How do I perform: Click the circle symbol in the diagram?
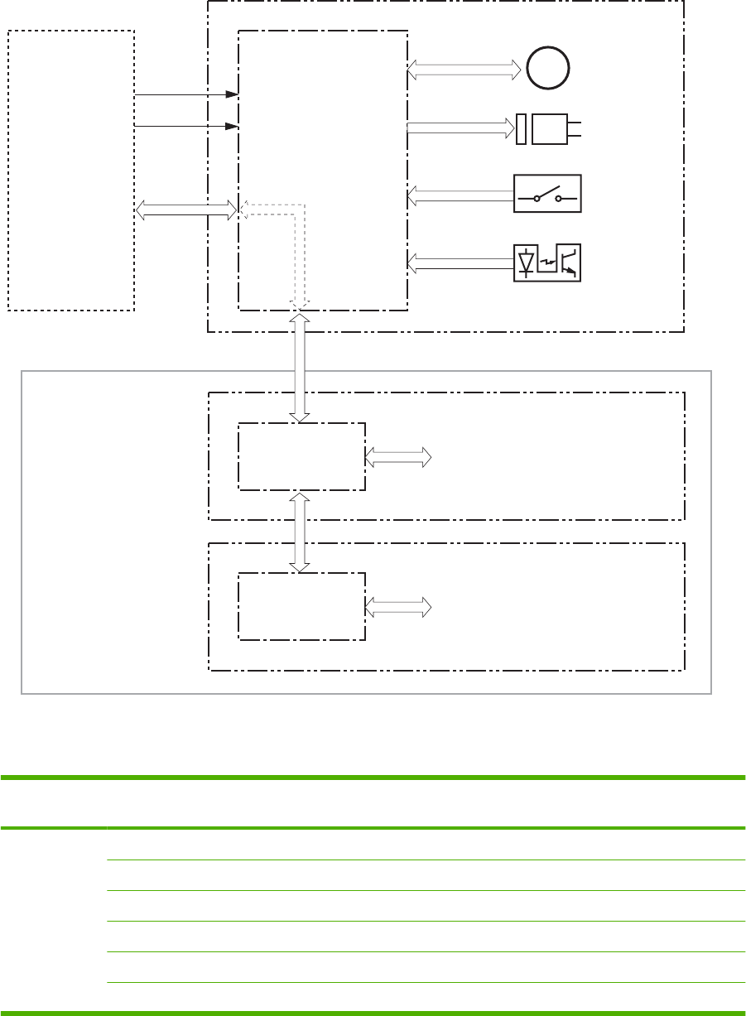point(547,67)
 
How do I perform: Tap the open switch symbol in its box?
point(547,194)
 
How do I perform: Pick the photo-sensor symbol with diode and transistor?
point(547,262)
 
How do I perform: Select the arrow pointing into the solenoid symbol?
point(461,128)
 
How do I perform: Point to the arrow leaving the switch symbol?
point(460,196)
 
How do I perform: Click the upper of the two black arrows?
point(186,95)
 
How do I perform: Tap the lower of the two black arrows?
point(186,126)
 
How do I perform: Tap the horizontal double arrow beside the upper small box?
point(398,456)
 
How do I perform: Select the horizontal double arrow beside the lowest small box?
point(398,607)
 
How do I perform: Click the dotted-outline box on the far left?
point(71,170)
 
